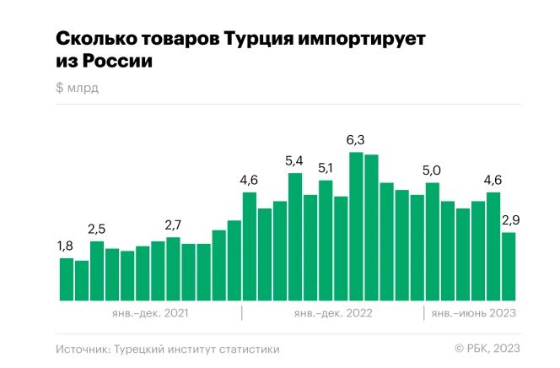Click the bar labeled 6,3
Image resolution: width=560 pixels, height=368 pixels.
[x=356, y=226]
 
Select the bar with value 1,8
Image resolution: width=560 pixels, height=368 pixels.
[x=66, y=279]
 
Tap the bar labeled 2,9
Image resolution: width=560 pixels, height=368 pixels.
[x=509, y=266]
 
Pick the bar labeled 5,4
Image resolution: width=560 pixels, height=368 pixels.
[x=295, y=236]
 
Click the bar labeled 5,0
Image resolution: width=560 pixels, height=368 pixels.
[x=432, y=241]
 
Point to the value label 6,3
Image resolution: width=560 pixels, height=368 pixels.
[x=356, y=139]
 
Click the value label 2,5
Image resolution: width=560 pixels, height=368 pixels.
[x=97, y=229]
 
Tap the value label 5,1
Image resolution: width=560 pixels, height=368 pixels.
[x=326, y=167]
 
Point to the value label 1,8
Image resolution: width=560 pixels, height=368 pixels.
[x=66, y=246]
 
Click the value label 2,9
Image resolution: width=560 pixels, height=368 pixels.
[x=510, y=219]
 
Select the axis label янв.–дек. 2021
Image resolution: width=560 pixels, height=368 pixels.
[x=149, y=313]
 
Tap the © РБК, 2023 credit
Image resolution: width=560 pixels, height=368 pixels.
[x=487, y=349]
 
